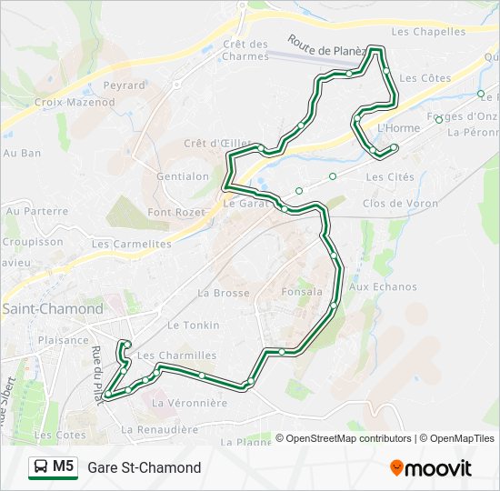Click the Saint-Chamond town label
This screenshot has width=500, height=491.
(53, 309)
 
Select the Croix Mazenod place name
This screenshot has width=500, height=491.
(75, 103)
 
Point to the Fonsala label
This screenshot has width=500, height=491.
(302, 293)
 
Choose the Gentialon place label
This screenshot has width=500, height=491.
(183, 176)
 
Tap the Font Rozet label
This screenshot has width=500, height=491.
(176, 212)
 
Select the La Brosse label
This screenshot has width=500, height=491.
(223, 293)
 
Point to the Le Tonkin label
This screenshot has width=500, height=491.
(193, 325)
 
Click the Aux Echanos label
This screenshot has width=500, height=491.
(383, 287)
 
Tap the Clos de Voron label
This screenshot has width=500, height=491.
(400, 204)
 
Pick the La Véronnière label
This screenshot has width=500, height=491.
(189, 402)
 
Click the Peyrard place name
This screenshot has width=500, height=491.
(124, 85)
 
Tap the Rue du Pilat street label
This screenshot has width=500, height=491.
(96, 368)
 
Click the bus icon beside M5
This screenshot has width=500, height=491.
(40, 467)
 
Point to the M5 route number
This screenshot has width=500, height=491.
(64, 467)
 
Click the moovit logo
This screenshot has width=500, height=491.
(431, 467)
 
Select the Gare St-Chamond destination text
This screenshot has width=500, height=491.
(145, 468)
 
